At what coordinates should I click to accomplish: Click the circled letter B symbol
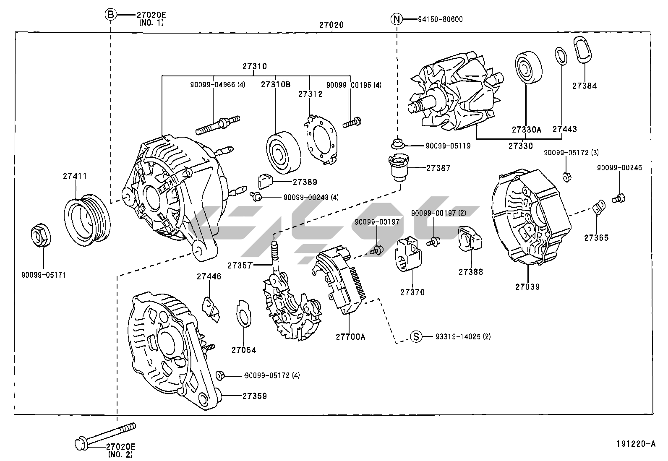click(110, 15)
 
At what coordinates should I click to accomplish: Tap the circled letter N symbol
click(397, 19)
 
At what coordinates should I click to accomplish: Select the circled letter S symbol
click(415, 336)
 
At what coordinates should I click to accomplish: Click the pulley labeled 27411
click(87, 218)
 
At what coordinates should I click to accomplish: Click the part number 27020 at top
click(331, 25)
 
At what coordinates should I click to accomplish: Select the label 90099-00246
click(619, 168)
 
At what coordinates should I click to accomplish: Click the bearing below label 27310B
click(284, 152)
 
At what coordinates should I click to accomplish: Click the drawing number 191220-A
click(635, 443)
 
